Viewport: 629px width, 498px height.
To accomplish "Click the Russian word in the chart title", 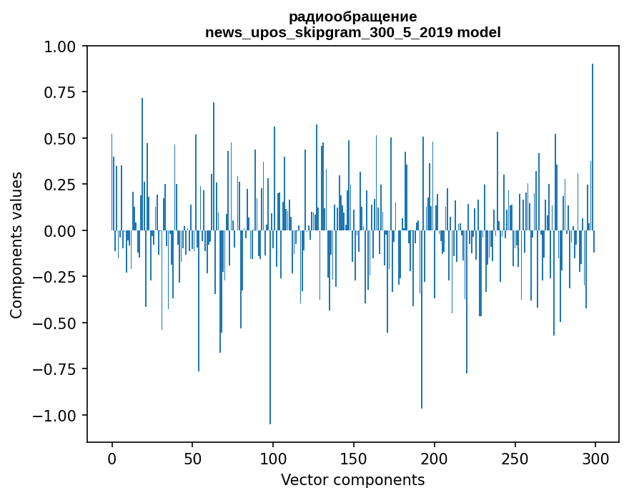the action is [x=352, y=17].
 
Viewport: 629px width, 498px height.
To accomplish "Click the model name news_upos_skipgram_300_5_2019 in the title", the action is [x=329, y=32].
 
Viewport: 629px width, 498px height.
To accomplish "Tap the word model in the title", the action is [x=479, y=31].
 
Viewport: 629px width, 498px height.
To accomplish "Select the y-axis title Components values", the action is [x=16, y=245].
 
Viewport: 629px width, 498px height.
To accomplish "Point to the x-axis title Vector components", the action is [x=352, y=479].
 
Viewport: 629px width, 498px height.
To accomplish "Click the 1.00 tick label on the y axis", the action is [x=59, y=47].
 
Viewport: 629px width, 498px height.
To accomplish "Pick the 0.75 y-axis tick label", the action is [x=59, y=92].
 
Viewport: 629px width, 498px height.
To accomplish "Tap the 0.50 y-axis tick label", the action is [x=59, y=139].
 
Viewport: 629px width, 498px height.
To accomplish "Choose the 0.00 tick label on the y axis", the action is [x=59, y=231].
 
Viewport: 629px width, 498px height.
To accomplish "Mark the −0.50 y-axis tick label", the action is [x=54, y=323].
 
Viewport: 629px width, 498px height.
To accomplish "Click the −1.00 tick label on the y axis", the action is [x=54, y=415].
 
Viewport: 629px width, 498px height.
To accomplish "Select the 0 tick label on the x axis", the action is [x=112, y=458].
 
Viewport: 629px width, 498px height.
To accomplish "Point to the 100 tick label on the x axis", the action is [x=273, y=458].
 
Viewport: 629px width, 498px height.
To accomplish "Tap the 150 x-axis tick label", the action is [x=353, y=458].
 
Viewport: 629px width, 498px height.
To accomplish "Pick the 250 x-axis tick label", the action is [x=515, y=458].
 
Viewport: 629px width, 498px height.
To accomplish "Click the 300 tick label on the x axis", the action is [x=595, y=458].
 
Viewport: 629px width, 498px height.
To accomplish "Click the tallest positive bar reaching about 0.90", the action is [x=593, y=147].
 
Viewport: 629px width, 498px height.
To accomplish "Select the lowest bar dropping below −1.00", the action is [x=270, y=327].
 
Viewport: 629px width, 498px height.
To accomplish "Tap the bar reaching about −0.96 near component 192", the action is [x=422, y=319].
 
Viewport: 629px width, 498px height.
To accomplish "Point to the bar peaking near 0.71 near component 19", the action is [x=142, y=165].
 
